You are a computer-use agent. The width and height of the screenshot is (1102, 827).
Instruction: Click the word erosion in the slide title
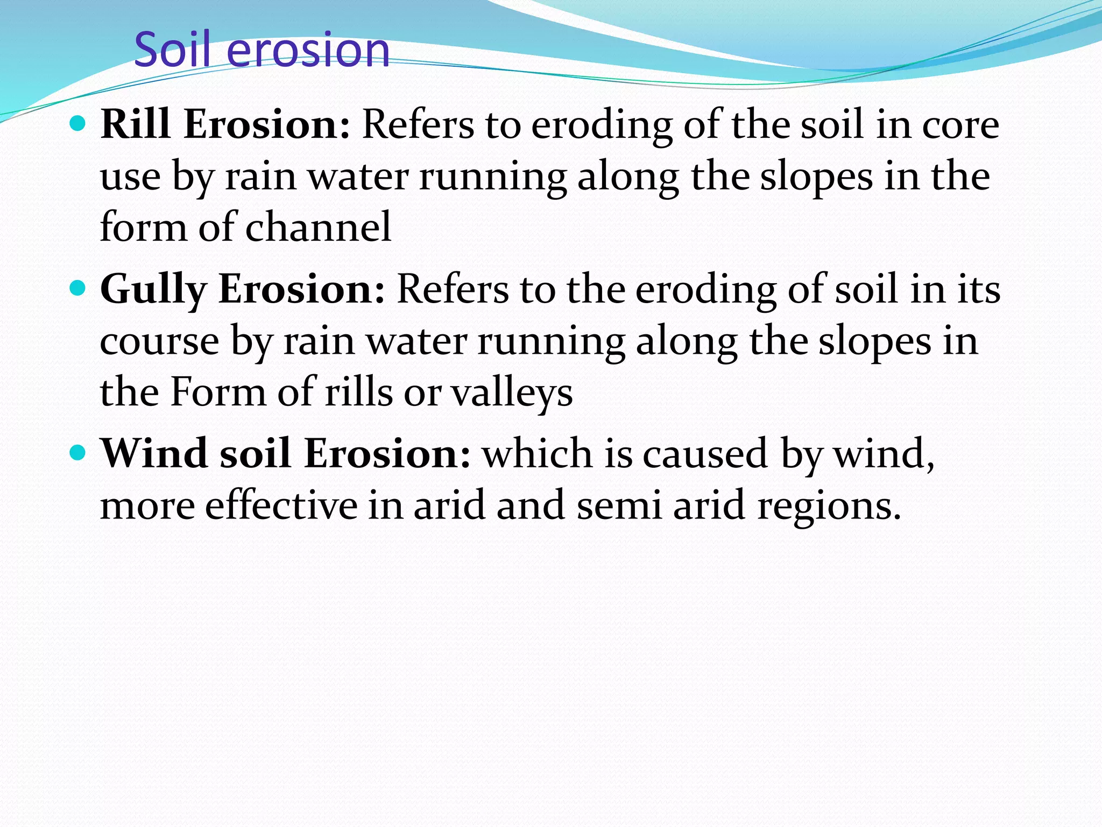click(x=308, y=51)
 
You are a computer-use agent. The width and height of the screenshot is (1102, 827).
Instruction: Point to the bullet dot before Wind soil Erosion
click(x=78, y=453)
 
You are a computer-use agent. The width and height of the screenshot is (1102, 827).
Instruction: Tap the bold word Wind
click(x=154, y=453)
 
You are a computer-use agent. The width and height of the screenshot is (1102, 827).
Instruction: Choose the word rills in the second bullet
click(x=358, y=392)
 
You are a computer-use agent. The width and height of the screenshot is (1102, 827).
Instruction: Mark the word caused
click(x=705, y=454)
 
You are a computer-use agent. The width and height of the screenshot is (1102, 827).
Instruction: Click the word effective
click(x=281, y=505)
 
